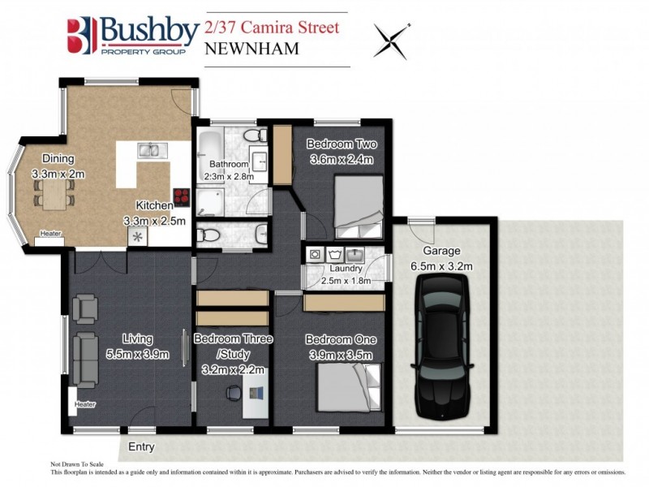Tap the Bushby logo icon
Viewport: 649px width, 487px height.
[81, 35]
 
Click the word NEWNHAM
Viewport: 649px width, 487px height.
[252, 49]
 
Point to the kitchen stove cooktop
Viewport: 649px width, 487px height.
[181, 198]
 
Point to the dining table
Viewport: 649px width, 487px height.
[54, 194]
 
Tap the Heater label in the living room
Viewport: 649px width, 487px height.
[85, 404]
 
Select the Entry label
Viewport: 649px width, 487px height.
[140, 446]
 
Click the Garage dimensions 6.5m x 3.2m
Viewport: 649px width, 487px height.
[442, 265]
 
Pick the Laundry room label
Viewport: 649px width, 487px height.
[346, 269]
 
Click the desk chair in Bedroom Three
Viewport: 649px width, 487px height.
[233, 394]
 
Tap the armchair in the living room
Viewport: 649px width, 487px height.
[84, 308]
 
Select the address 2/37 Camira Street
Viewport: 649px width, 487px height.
[272, 27]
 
